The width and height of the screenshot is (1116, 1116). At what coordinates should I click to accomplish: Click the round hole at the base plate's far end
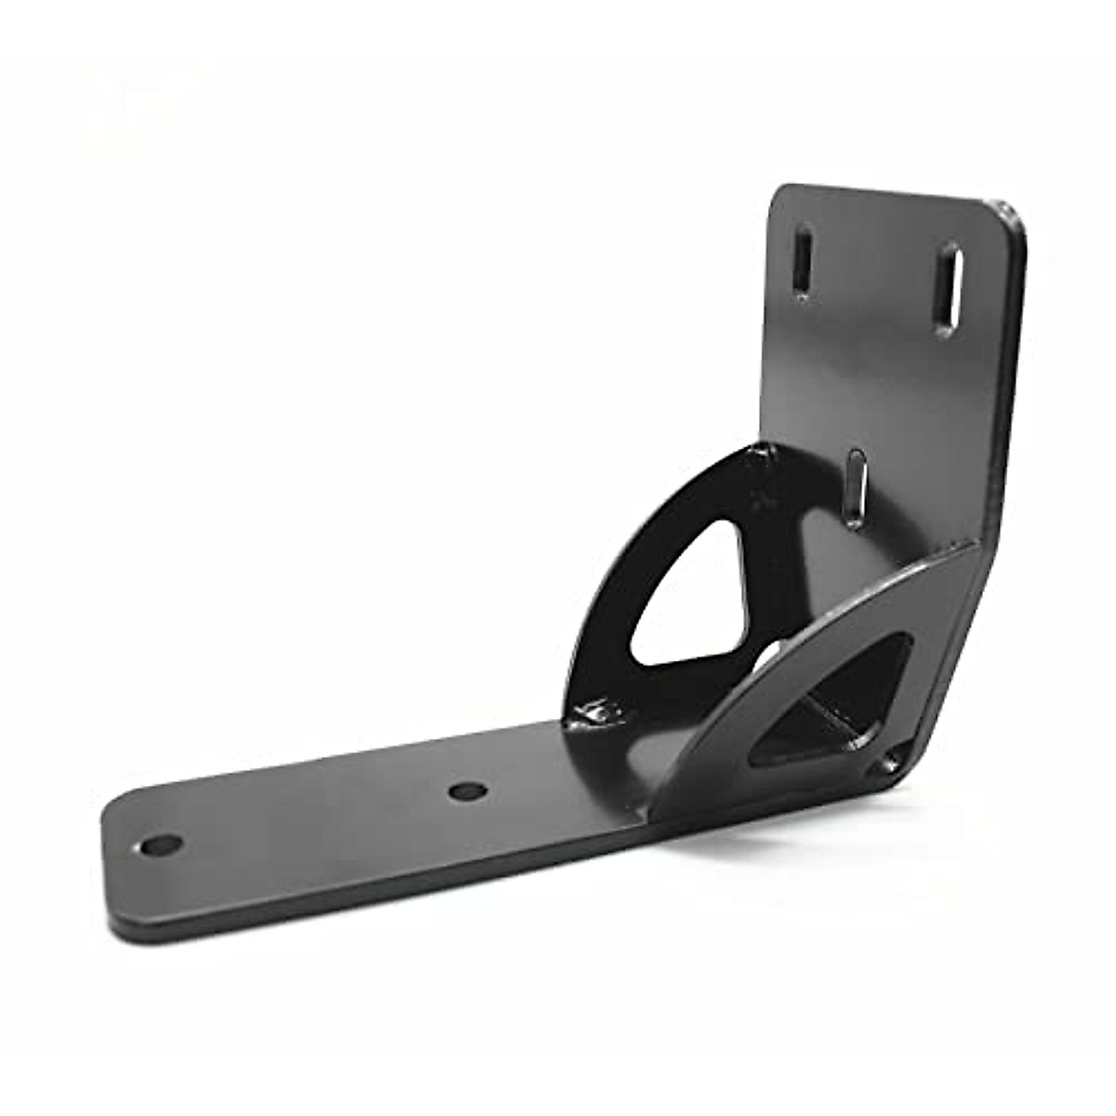pos(163,845)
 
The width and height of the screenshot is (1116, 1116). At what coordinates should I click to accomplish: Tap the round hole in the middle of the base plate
pos(467,791)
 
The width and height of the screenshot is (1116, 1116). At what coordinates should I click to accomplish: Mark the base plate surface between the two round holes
pos(316,818)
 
